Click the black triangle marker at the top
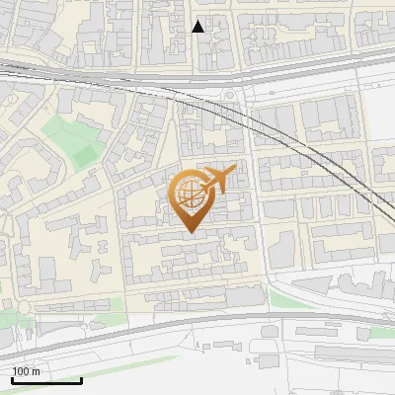(x=198, y=27)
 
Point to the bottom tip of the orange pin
(x=190, y=233)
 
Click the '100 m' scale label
(x=27, y=371)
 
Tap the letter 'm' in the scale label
(x=37, y=371)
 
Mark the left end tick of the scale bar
(x=12, y=378)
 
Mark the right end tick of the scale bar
(x=81, y=378)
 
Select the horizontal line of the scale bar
(x=46, y=380)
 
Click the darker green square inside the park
(x=83, y=156)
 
